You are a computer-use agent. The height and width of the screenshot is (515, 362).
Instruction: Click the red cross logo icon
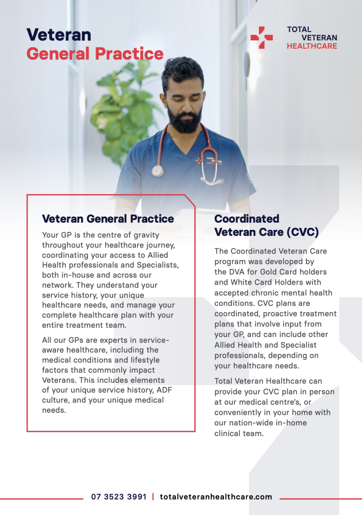click(261, 38)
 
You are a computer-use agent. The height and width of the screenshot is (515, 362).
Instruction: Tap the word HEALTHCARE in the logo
click(312, 46)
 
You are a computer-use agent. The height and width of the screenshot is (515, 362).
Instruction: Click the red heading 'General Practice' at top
click(95, 54)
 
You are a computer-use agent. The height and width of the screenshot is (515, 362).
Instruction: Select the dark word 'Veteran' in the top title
click(59, 35)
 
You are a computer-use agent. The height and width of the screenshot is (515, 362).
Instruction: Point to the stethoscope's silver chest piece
click(158, 171)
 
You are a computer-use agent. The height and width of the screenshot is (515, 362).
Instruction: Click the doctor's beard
click(185, 118)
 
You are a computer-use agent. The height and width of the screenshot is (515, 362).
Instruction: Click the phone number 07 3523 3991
click(119, 496)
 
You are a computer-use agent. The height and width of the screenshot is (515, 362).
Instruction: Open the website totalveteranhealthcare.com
click(216, 496)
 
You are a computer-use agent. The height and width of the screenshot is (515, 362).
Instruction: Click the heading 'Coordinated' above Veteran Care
click(247, 219)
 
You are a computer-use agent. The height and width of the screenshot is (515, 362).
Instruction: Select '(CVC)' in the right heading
click(303, 232)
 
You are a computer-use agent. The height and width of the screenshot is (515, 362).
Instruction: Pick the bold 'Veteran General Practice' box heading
click(108, 219)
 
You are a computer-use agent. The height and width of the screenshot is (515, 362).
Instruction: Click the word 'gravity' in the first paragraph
click(146, 235)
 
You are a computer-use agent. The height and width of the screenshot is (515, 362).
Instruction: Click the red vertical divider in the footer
click(153, 496)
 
